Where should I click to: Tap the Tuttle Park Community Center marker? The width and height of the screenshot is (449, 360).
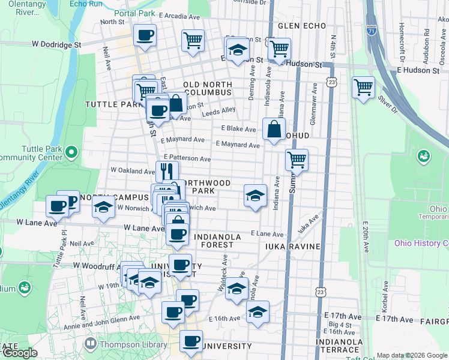(x=71, y=152)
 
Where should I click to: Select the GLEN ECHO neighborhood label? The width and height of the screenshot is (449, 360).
(x=302, y=26)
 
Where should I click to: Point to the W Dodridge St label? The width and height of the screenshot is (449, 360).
(x=56, y=44)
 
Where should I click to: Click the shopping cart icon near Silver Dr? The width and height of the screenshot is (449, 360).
(x=364, y=88)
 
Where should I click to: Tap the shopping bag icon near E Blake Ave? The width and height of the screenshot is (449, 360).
(x=274, y=128)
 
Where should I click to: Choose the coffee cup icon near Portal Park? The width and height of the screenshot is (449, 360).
(x=145, y=35)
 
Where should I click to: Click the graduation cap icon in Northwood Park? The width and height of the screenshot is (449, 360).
(x=255, y=195)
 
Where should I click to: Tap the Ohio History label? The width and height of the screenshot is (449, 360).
(x=421, y=243)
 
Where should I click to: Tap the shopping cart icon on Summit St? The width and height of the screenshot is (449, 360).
(x=297, y=160)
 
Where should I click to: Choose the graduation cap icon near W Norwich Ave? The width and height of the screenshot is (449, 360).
(x=104, y=207)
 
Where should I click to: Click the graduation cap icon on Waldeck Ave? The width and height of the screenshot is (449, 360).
(x=237, y=289)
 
